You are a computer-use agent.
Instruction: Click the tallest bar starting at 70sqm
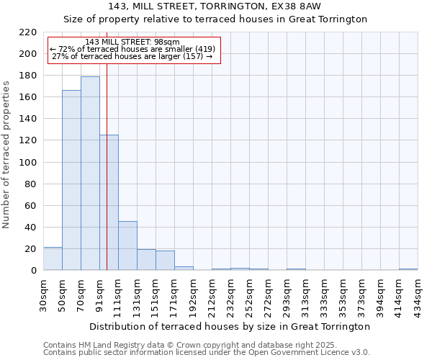[90, 174]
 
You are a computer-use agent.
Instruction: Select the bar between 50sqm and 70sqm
[71, 180]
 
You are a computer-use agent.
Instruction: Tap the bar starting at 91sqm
[109, 202]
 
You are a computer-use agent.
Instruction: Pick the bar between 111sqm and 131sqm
[127, 246]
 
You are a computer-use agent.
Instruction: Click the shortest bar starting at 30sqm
[53, 258]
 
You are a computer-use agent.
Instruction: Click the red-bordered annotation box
[133, 50]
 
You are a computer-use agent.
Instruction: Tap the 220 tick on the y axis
[29, 32]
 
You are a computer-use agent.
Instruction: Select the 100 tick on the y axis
[29, 162]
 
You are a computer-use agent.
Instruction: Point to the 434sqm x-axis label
[418, 295]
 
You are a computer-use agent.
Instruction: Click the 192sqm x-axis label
[193, 295]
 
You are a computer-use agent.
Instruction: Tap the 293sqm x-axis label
[287, 295]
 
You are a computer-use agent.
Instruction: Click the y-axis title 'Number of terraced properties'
[7, 155]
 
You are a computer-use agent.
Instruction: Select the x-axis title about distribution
[230, 326]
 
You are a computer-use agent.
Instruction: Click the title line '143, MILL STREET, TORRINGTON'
[215, 6]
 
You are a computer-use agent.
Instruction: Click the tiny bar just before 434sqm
[408, 269]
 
